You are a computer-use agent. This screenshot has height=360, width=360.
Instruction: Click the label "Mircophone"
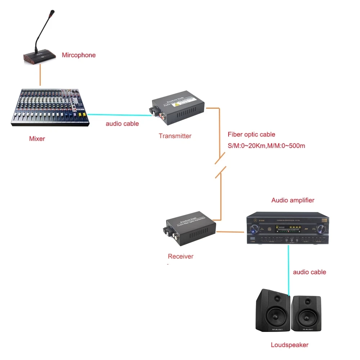click(x=78, y=55)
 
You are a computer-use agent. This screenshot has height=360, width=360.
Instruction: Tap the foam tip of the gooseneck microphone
click(x=53, y=14)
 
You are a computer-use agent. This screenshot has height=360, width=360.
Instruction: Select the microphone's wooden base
click(x=40, y=57)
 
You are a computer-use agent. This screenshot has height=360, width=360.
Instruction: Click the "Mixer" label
click(x=37, y=139)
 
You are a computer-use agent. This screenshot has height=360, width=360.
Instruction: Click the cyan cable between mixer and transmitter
click(x=119, y=115)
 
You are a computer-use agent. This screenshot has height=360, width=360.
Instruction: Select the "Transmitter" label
click(x=175, y=136)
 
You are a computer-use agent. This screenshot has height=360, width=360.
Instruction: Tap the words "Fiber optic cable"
click(x=251, y=135)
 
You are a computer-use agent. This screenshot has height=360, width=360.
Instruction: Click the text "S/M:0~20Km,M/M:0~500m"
click(x=266, y=146)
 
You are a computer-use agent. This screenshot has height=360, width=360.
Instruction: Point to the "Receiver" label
click(x=180, y=257)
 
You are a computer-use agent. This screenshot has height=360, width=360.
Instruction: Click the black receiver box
click(x=189, y=231)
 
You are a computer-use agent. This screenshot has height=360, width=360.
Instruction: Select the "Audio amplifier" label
click(x=293, y=200)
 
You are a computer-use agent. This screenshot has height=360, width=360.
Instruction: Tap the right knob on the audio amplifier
click(x=320, y=228)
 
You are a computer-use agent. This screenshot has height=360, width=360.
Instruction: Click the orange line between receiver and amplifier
click(x=230, y=232)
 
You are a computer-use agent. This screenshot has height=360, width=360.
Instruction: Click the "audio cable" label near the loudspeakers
click(x=309, y=272)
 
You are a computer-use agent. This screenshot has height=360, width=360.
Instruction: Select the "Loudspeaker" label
click(x=289, y=345)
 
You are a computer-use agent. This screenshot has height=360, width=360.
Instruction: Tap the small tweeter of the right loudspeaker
click(x=307, y=301)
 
